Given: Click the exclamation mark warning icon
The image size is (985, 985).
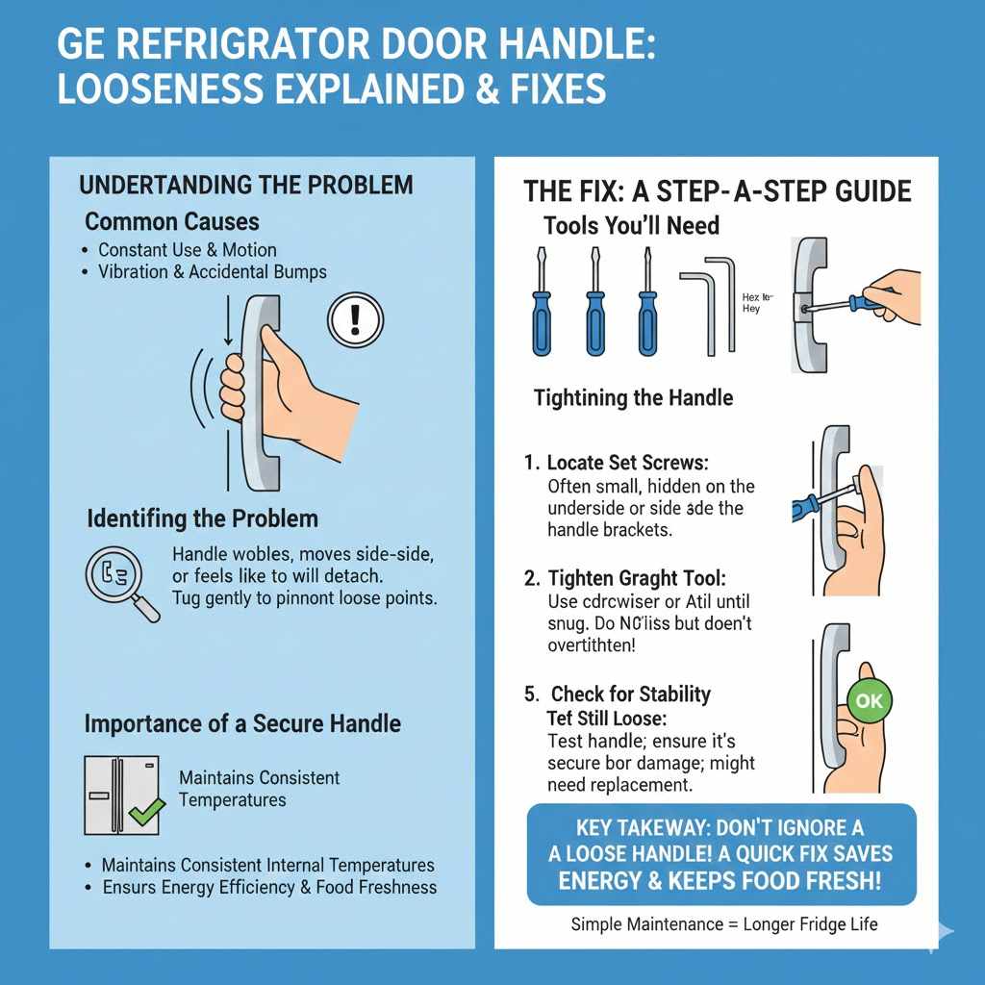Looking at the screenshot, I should [x=355, y=316].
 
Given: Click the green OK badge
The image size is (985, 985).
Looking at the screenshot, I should [x=868, y=701].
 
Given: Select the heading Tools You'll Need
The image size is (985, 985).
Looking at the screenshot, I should [x=630, y=225].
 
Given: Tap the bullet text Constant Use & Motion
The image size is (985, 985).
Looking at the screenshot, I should [x=187, y=250].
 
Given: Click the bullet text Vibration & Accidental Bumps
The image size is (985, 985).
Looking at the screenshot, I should [x=212, y=272].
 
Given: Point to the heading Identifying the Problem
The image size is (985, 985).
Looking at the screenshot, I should [x=202, y=518].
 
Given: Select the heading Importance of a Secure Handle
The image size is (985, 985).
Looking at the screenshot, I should [x=242, y=723].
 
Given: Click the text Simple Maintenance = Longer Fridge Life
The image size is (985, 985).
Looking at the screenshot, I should [x=723, y=924].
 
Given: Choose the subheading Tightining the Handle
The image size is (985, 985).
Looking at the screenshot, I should [x=633, y=397].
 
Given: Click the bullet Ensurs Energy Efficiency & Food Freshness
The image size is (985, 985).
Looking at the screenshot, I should [x=269, y=887].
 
